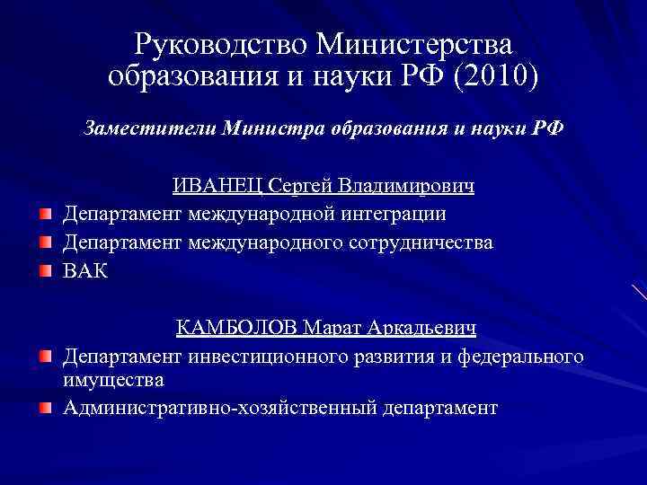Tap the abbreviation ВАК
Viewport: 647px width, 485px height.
[x=85, y=271]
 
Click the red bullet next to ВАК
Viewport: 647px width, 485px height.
[x=45, y=270]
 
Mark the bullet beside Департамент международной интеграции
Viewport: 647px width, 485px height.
[x=45, y=214]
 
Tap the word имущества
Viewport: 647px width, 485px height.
[x=113, y=380]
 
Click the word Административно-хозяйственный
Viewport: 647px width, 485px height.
[x=220, y=408]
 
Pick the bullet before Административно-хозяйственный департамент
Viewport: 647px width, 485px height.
[x=45, y=408]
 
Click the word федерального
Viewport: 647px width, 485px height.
[x=521, y=357]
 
